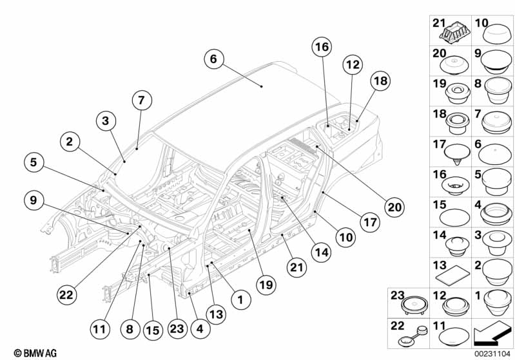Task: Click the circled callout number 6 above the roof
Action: pos(213,59)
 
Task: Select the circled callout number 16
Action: pos(322,47)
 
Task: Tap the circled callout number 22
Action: pos(66,295)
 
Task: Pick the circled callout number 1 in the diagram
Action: pos(241,299)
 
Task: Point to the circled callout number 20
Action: pos(394,207)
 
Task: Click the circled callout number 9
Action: pos(34,200)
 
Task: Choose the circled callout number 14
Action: pos(322,252)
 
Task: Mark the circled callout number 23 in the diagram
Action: pos(177,328)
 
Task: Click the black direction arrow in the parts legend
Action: pos(492,334)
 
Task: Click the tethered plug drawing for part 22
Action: pos(413,336)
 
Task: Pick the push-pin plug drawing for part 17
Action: pos(457,154)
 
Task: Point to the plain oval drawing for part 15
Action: pos(454,217)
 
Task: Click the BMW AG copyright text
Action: pos(35,353)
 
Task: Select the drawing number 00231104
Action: pos(492,354)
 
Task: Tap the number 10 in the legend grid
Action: pos(481,23)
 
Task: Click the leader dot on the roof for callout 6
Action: pos(262,86)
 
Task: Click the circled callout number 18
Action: pos(380,81)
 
